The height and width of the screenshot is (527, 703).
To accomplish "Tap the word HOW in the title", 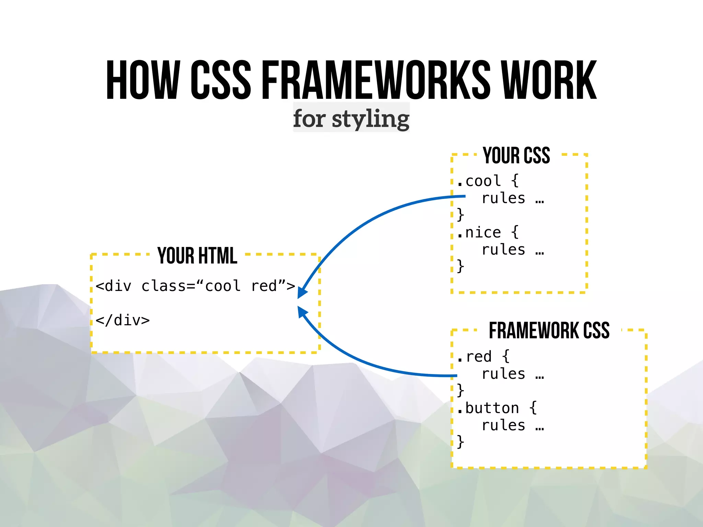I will point(143,80).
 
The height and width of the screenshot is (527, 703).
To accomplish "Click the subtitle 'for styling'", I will point(351,118).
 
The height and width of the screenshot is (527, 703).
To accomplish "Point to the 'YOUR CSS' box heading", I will point(516,155).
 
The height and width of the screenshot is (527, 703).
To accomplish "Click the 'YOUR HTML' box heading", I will point(197,256).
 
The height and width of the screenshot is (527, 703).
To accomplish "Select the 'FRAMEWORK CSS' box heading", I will point(549,331).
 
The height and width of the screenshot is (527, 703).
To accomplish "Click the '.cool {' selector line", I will point(488,181).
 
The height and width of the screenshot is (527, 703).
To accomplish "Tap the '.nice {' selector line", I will point(488,233).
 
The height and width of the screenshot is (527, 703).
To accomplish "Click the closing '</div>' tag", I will point(123,320).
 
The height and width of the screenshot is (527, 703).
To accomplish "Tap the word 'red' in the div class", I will point(264,286).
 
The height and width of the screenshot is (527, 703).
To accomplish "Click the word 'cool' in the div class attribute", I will point(223,286).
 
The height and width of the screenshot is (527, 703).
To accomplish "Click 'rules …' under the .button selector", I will point(513,425).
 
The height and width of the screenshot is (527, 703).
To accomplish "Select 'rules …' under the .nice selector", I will point(513,250).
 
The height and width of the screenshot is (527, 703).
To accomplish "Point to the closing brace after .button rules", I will point(461,442).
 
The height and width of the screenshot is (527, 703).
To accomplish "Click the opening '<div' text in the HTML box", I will point(114,286).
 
